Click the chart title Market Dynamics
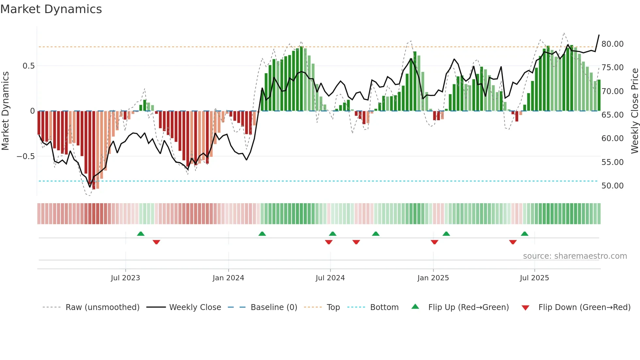tap(51, 9)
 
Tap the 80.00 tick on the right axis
tap(612, 44)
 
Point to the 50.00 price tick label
tap(612, 186)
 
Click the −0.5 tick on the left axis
tap(26, 156)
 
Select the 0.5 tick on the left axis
tap(28, 66)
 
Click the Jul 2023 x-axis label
tap(125, 278)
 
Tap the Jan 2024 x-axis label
tap(228, 278)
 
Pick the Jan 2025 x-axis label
tap(433, 278)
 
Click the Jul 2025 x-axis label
tap(534, 278)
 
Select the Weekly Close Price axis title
tap(634, 111)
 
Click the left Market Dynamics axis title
tap(5, 111)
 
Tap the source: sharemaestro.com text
tap(575, 256)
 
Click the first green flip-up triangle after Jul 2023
tap(141, 234)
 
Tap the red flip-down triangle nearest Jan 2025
tap(434, 242)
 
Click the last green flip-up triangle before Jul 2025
tap(524, 234)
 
